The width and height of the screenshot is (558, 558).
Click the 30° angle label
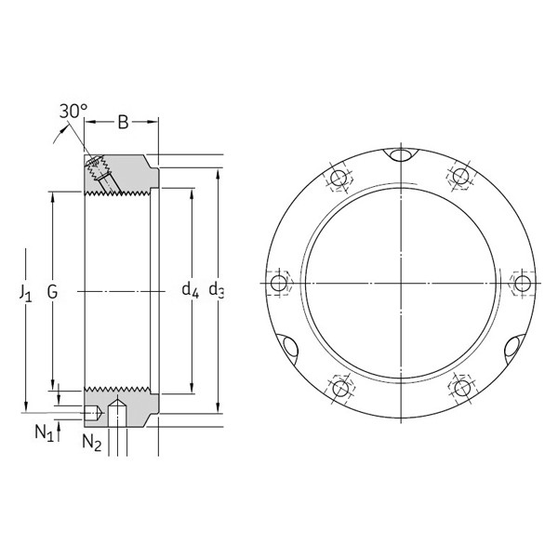pyautogui.click(x=73, y=112)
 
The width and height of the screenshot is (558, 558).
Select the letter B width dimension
pyautogui.click(x=125, y=121)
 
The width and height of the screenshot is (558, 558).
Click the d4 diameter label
pyautogui.click(x=190, y=290)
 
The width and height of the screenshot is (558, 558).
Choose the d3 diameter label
pyautogui.click(x=217, y=290)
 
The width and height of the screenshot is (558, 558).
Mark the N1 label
pyautogui.click(x=44, y=431)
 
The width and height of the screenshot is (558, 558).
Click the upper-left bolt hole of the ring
pyautogui.click(x=339, y=177)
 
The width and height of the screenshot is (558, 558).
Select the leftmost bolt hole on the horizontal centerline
pyautogui.click(x=278, y=283)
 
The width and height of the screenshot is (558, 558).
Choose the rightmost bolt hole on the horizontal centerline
pyautogui.click(x=523, y=283)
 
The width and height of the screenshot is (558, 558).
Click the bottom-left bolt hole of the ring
pyautogui.click(x=339, y=387)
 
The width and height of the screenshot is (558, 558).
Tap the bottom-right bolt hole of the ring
pyautogui.click(x=461, y=387)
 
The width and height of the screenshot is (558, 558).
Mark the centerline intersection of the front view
pyautogui.click(x=400, y=283)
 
